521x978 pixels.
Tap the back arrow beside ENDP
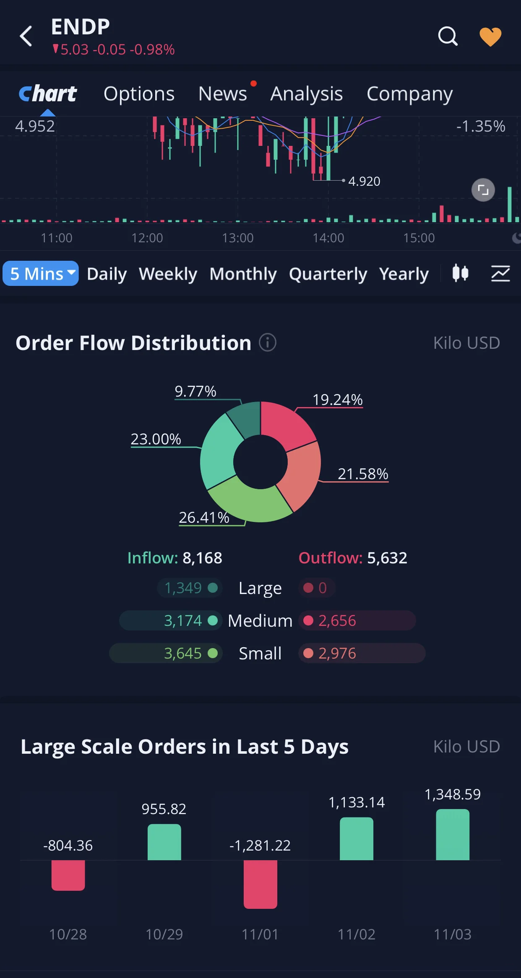pos(26,36)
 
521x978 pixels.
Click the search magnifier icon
pos(448,36)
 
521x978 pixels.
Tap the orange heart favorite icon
pos(490,36)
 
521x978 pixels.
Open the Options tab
pos(139,94)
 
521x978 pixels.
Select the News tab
pos(222,93)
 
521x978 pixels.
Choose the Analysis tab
pos(307,94)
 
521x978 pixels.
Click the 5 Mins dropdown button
pos(41,273)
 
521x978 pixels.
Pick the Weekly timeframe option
pos(168,274)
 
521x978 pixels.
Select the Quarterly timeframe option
pos(328,274)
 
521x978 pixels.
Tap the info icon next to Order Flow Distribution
pos(268,342)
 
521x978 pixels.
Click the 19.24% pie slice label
pos(338,400)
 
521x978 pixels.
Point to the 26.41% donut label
pos(204,517)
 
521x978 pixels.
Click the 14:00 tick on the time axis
pos(328,238)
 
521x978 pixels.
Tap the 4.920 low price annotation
pos(364,181)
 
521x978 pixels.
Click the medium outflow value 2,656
pos(337,620)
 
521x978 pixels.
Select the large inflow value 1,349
pos(183,588)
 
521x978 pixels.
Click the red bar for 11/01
pos(260,884)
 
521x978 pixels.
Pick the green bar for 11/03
pos(453,835)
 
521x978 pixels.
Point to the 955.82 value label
pos(164,809)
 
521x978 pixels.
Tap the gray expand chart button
pos(483,190)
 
